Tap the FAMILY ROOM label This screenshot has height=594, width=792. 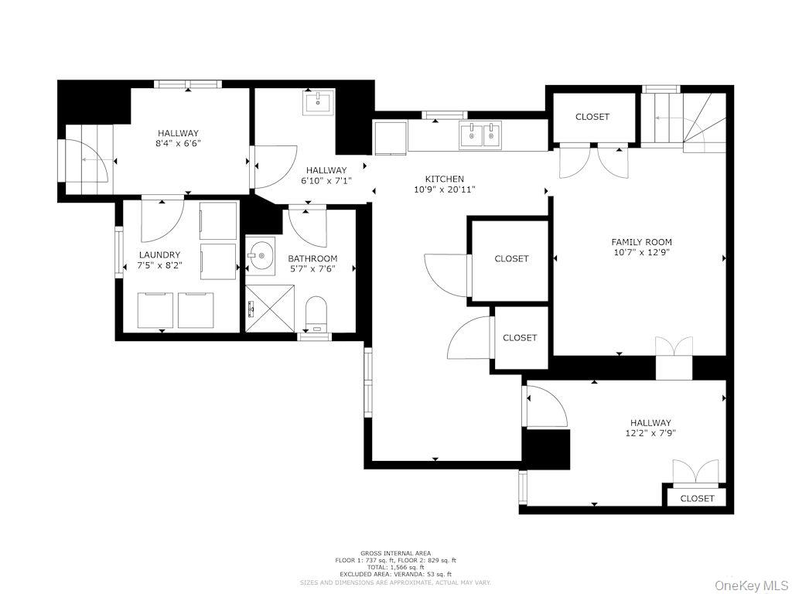point(640,242)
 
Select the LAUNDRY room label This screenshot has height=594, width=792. point(160,254)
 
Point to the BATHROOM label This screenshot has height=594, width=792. point(312,258)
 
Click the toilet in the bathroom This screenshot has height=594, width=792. point(316,314)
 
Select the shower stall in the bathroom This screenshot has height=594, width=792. point(270,308)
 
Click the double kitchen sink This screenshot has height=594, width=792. point(480,135)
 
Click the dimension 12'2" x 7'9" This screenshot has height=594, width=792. point(650,433)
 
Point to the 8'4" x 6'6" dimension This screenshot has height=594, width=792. point(179,143)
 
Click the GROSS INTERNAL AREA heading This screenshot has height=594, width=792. point(394,552)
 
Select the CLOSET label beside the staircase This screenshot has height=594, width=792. point(592,117)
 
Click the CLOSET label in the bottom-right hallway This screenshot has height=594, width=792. point(697,498)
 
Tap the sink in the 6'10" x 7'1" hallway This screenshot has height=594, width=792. point(318,102)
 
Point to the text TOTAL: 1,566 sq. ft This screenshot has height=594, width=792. point(395,567)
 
